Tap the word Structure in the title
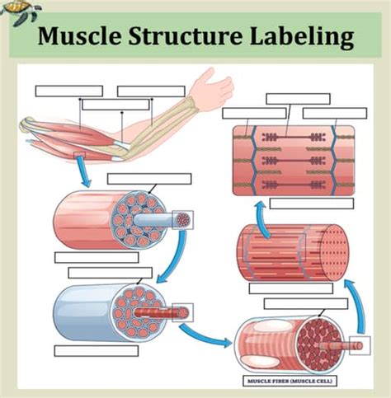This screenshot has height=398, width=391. tap(191, 38)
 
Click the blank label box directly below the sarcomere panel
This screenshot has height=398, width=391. tap(311, 203)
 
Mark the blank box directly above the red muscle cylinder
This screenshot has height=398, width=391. tap(148, 179)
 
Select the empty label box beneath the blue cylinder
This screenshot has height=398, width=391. tap(96, 350)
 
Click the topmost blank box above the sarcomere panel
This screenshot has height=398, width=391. tap(298, 98)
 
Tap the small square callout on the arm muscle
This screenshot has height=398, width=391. tap(79, 156)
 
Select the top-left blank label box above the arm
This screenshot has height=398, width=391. tap(68, 91)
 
